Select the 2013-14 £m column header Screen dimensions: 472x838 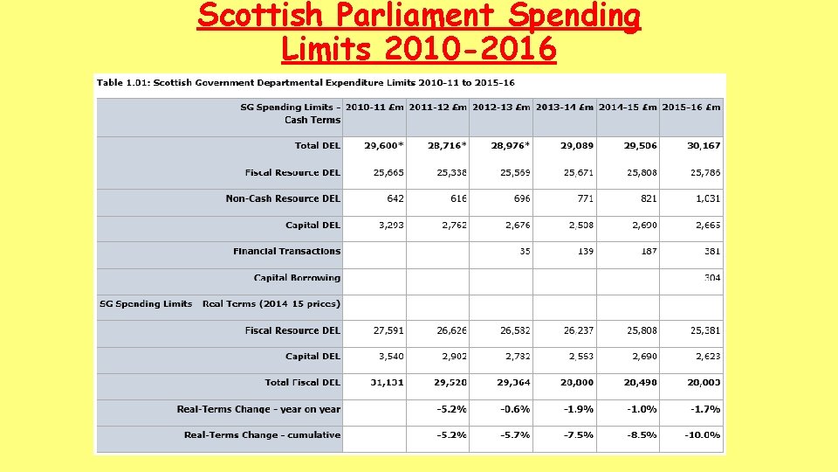564,108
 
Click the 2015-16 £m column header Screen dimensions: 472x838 691,108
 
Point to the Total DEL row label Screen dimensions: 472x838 317,146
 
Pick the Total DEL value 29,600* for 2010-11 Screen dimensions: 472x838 376,146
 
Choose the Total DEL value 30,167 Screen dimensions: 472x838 704,146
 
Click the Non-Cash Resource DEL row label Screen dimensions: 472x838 283,198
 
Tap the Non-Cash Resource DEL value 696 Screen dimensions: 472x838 522,198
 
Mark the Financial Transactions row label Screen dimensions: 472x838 286,252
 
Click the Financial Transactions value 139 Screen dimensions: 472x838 585,252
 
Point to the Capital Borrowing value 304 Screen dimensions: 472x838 711,278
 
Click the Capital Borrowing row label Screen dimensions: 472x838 297,278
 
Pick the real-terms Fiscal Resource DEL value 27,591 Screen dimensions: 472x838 388,330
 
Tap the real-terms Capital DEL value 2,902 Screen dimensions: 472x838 453,357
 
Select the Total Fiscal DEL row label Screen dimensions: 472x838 302,383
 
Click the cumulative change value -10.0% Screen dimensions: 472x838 702,435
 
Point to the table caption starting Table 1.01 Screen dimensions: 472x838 306,83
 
